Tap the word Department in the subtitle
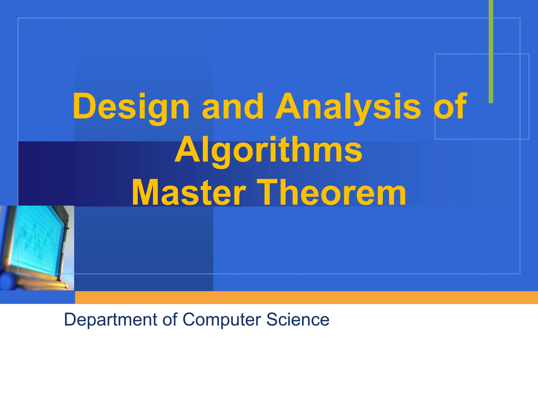(x=110, y=320)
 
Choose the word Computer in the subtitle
(x=222, y=320)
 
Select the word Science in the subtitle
(x=298, y=319)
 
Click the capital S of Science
(x=272, y=319)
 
